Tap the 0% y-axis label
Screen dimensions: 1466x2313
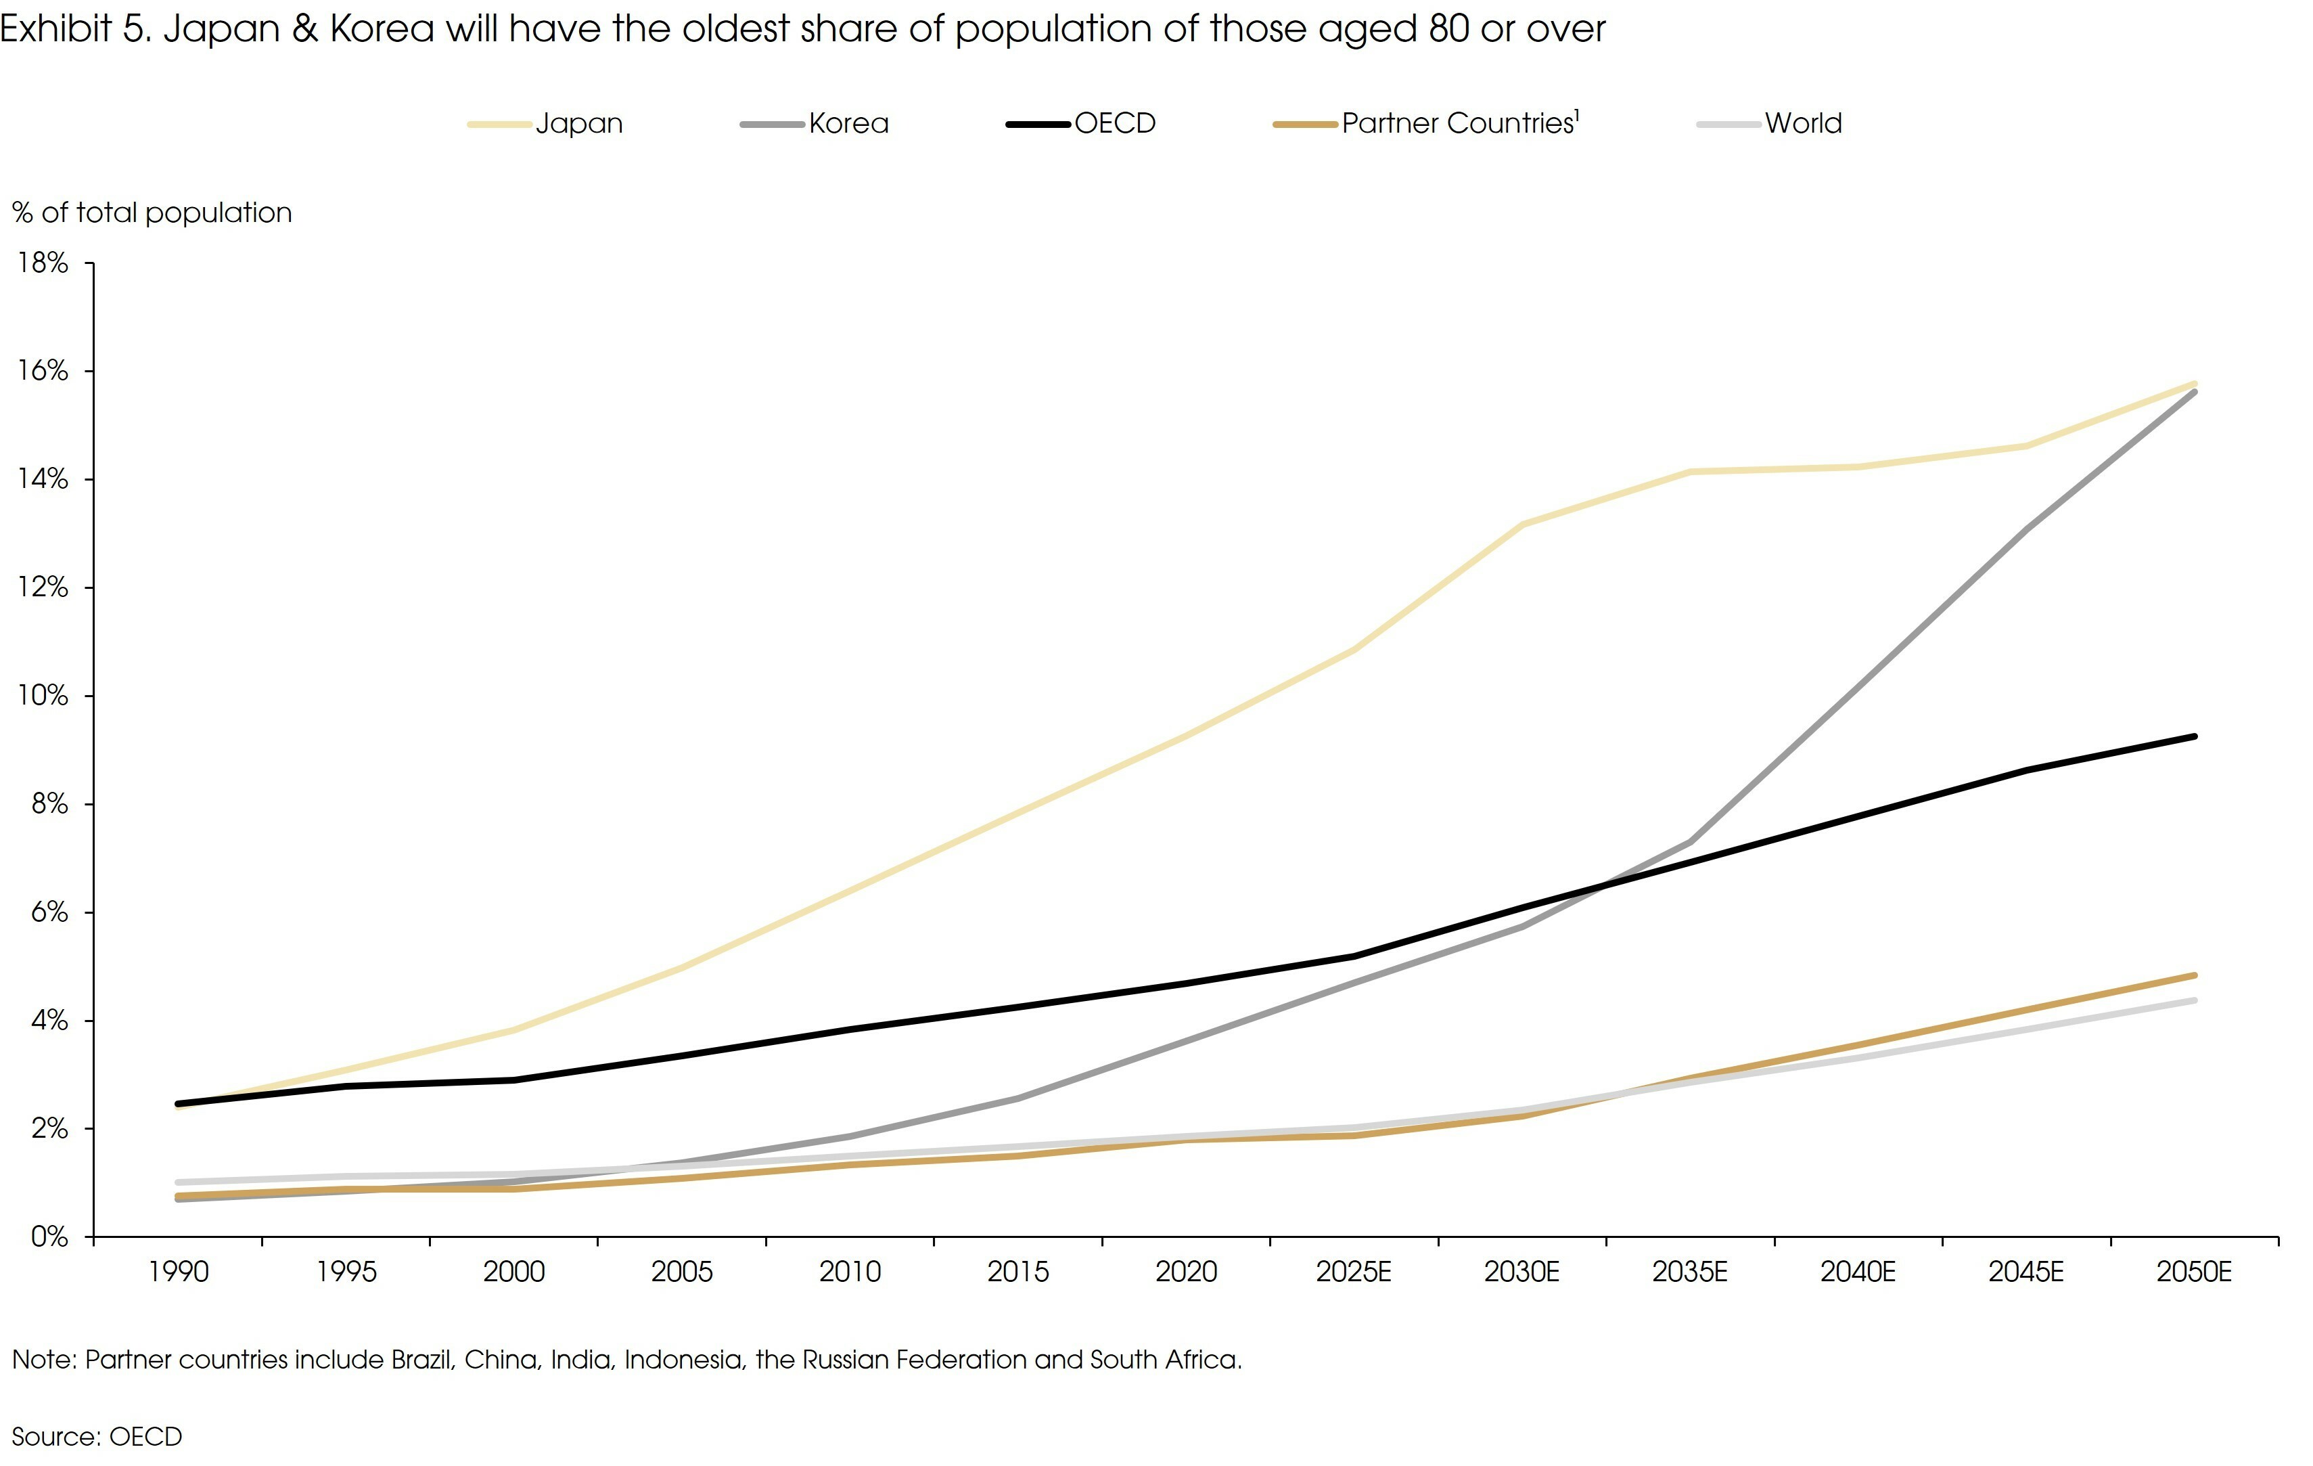(x=49, y=1237)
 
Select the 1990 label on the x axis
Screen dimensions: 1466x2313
(x=179, y=1272)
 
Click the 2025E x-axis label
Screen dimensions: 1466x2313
(x=1354, y=1272)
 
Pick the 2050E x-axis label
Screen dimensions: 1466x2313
(x=2194, y=1272)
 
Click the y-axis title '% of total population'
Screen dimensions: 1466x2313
(x=152, y=213)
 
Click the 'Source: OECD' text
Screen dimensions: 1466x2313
(x=96, y=1436)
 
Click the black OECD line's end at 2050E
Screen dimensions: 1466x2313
(x=2194, y=737)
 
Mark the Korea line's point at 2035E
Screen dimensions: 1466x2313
(x=1690, y=841)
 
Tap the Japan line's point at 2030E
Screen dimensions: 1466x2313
(x=1522, y=525)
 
